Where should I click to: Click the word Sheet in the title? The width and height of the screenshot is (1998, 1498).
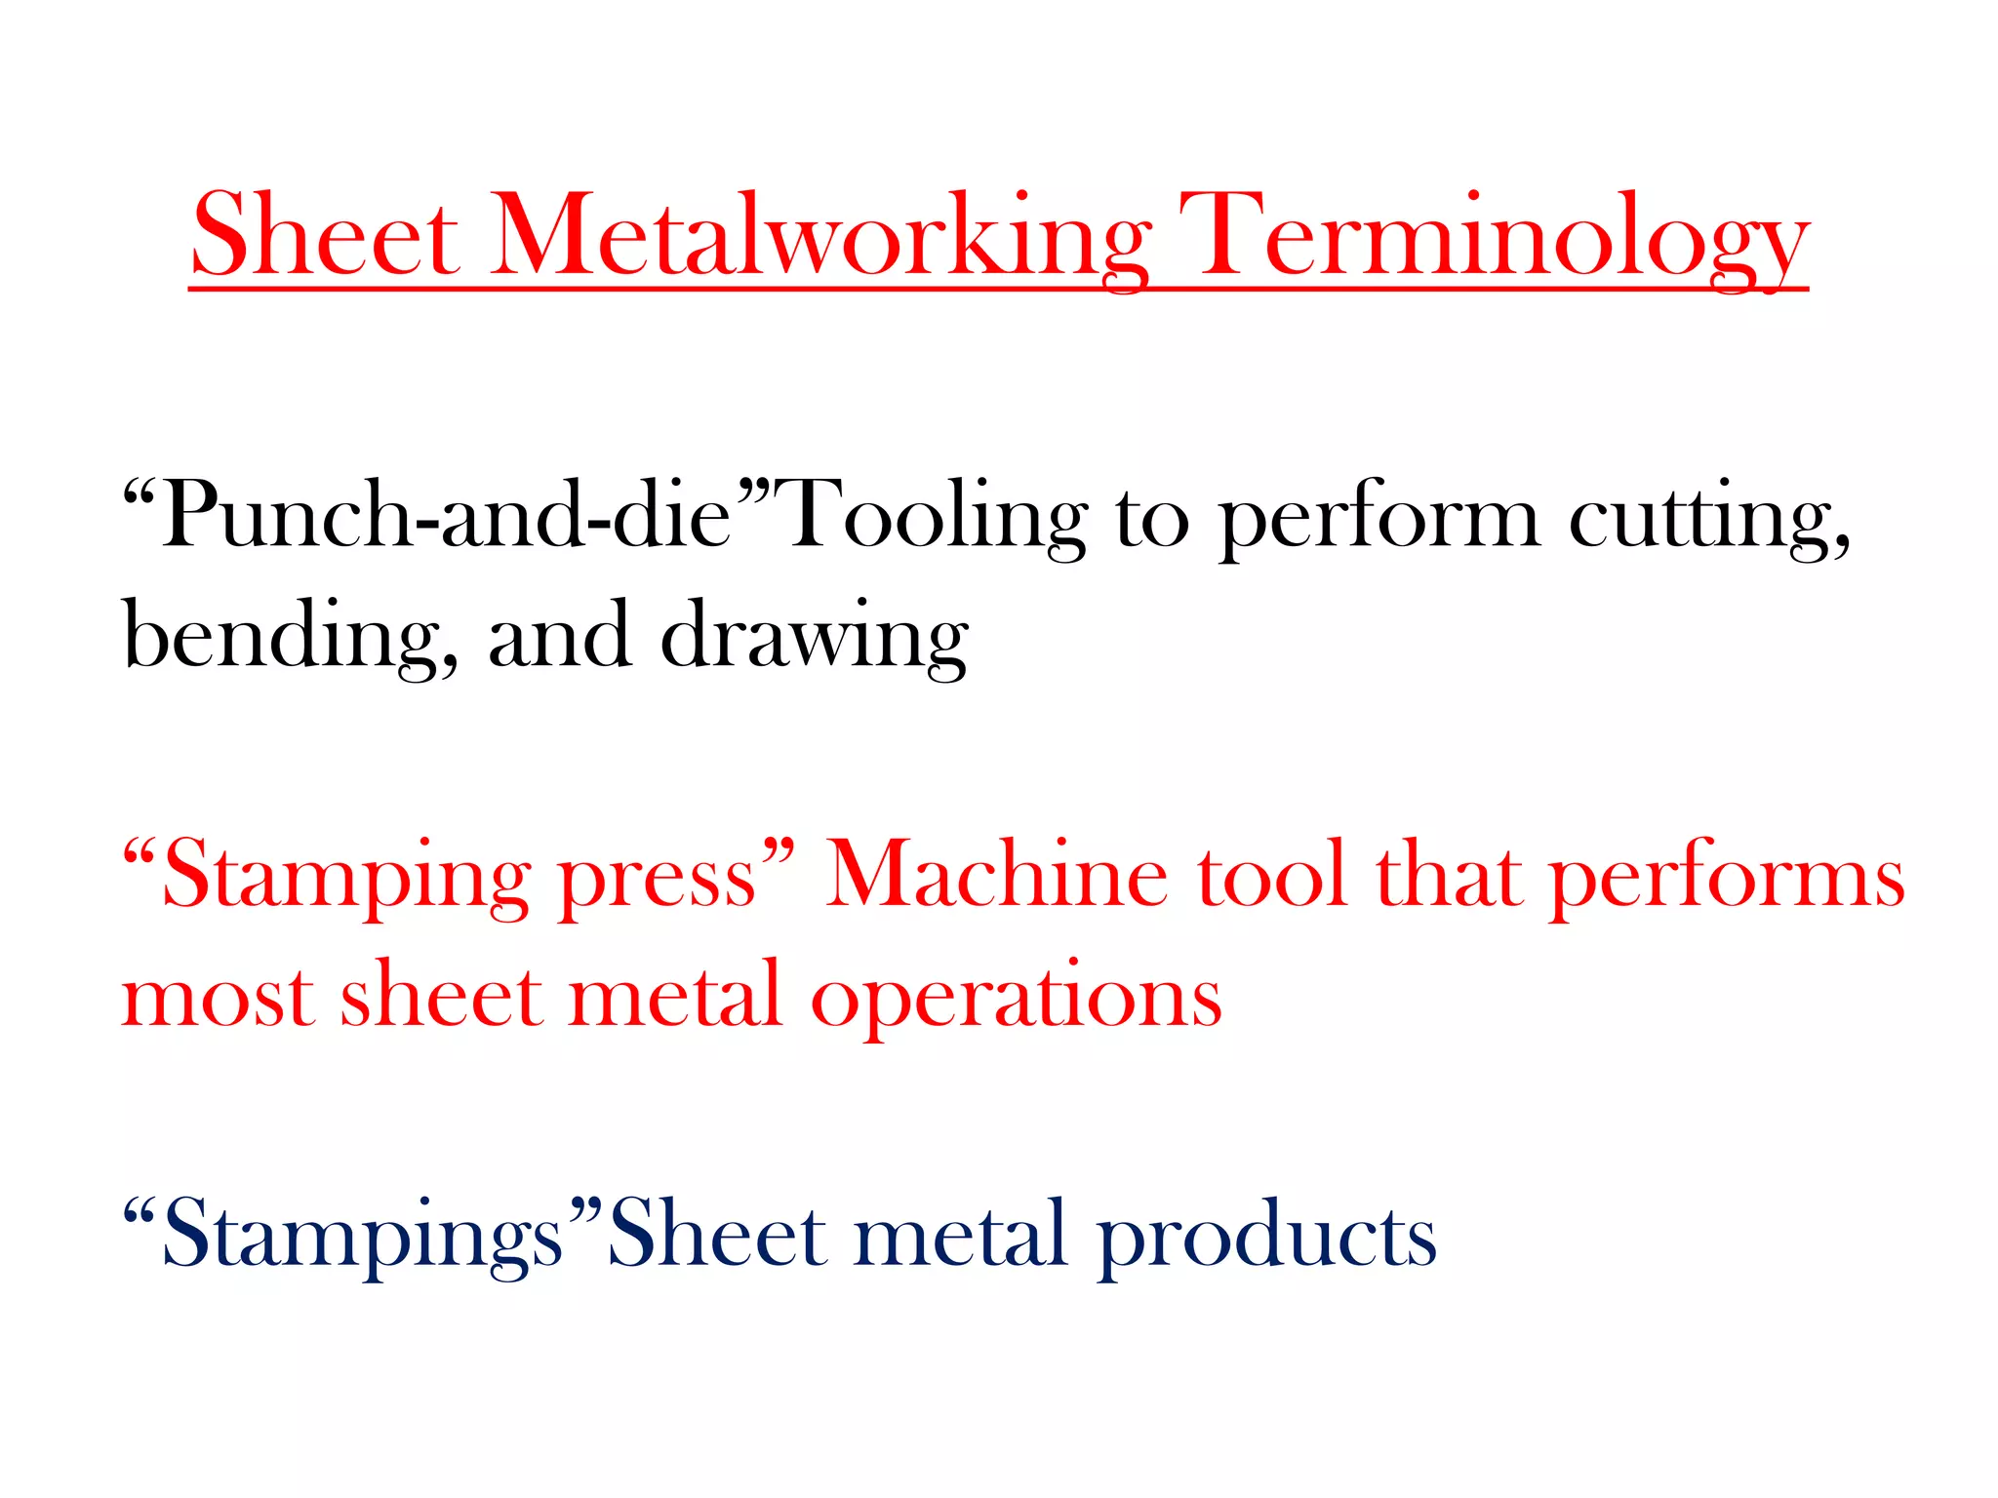tap(325, 237)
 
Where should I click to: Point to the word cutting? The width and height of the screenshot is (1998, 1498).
tap(1707, 517)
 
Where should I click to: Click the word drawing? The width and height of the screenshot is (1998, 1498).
tap(814, 636)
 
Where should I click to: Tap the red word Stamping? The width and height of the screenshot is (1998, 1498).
tap(346, 876)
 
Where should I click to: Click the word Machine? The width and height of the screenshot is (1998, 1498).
tap(996, 876)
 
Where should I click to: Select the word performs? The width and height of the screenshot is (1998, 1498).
tap(1727, 876)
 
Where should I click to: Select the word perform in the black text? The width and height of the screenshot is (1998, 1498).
tap(1379, 517)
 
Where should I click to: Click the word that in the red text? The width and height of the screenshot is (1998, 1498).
tap(1449, 876)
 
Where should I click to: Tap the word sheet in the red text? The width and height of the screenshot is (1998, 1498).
tap(441, 997)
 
